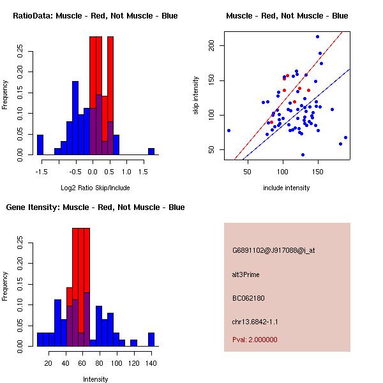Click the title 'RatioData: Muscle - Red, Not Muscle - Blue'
pos(95,15)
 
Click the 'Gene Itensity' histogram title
pos(95,207)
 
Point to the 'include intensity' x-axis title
pos(287,188)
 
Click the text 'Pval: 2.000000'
pos(255,340)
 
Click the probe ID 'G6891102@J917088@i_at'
pos(274,250)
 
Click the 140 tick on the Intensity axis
pos(151,363)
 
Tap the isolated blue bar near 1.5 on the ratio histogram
pos(151,151)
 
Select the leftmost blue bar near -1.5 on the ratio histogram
pos(40,145)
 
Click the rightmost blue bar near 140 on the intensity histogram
pos(151,340)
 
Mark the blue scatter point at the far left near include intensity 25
pos(229,130)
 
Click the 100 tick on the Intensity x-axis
pos(116,363)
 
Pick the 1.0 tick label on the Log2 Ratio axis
pos(126,172)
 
